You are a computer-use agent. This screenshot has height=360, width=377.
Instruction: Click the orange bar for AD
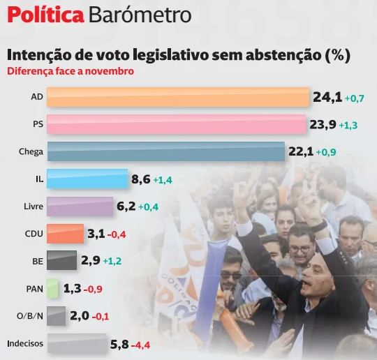tap(179, 97)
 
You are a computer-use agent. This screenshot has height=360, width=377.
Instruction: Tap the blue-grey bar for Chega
tap(166, 151)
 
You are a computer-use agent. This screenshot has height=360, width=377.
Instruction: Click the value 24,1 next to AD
tap(327, 97)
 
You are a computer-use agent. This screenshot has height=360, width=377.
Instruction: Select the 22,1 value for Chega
tap(301, 151)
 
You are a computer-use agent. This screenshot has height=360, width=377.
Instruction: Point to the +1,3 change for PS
tap(350, 126)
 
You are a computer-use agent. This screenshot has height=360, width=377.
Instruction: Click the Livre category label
tap(33, 206)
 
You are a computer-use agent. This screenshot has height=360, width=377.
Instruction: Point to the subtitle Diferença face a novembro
tap(70, 70)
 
